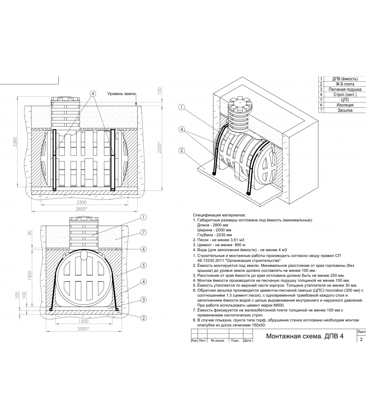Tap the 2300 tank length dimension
(82, 202)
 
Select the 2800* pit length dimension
(82, 209)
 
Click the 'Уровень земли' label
(122, 94)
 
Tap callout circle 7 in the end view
(143, 232)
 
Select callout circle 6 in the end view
(143, 249)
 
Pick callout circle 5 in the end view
(143, 266)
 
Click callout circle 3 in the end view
(143, 300)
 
